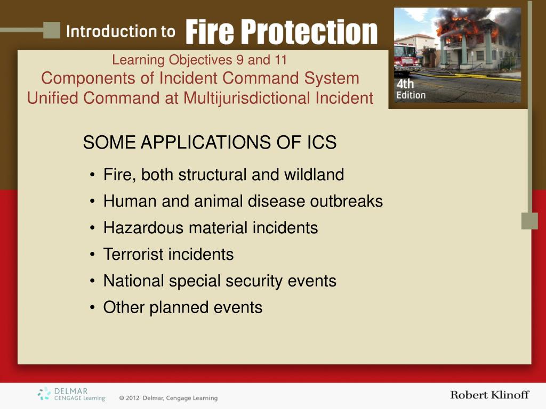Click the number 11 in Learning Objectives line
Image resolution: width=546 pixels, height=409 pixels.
point(280,60)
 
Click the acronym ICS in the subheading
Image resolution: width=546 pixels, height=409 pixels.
point(322,142)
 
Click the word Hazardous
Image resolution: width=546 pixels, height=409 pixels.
point(143,228)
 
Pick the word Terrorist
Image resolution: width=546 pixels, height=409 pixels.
point(133,254)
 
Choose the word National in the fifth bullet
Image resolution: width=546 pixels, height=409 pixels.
point(133,281)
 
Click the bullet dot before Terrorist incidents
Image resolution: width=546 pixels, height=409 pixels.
point(92,255)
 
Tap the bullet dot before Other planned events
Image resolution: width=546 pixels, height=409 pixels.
point(92,307)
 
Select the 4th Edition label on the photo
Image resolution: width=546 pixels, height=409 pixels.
point(411,89)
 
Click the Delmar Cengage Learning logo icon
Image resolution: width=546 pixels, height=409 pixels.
point(44,394)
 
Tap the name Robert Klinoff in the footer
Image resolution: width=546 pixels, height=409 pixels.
point(489,395)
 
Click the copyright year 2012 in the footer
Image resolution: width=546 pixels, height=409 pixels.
point(132,398)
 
